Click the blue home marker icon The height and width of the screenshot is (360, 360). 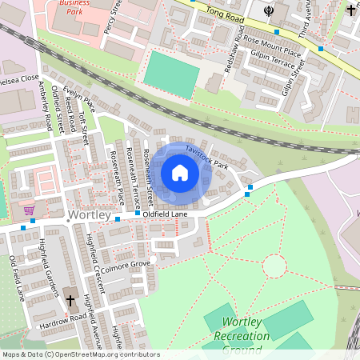[x=180, y=173]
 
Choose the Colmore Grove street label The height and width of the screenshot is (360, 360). [x=126, y=263]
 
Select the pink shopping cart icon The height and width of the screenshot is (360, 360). [x=30, y=210]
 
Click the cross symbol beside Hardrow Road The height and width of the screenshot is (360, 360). [x=70, y=300]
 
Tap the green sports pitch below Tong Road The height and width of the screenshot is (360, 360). [x=171, y=74]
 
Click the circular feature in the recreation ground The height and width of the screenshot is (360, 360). [x=274, y=266]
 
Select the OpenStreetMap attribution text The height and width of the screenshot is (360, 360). [x=80, y=354]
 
